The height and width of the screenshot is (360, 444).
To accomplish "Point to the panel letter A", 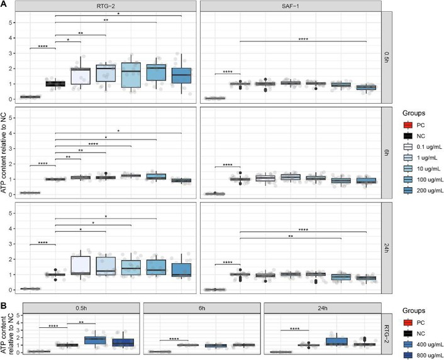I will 4,4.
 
